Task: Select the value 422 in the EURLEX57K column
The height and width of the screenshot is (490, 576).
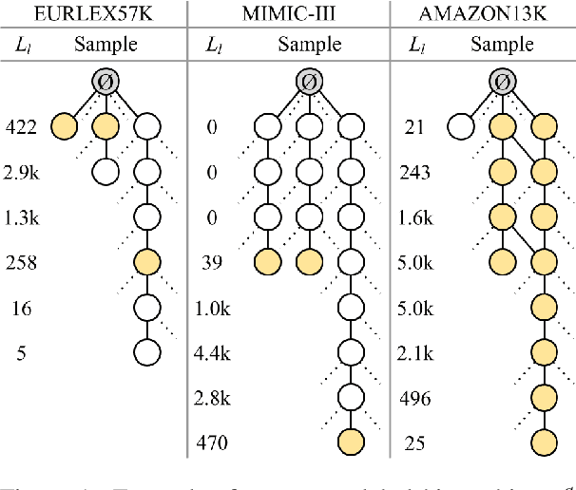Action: pyautogui.click(x=21, y=125)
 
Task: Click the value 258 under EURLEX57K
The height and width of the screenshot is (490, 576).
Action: pyautogui.click(x=21, y=261)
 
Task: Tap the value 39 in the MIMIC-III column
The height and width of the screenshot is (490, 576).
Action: pyautogui.click(x=213, y=261)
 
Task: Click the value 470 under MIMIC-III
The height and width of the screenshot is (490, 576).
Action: pyautogui.click(x=213, y=443)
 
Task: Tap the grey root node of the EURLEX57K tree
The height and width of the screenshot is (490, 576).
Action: pyautogui.click(x=106, y=83)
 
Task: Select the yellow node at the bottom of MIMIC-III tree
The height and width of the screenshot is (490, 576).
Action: pyautogui.click(x=351, y=443)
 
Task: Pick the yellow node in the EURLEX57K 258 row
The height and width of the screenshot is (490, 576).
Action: pyautogui.click(x=147, y=261)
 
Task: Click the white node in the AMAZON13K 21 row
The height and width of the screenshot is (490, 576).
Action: pyautogui.click(x=461, y=125)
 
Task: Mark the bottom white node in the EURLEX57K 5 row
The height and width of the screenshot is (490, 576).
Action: pyautogui.click(x=147, y=352)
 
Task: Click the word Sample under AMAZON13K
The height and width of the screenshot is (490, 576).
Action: pyautogui.click(x=502, y=45)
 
